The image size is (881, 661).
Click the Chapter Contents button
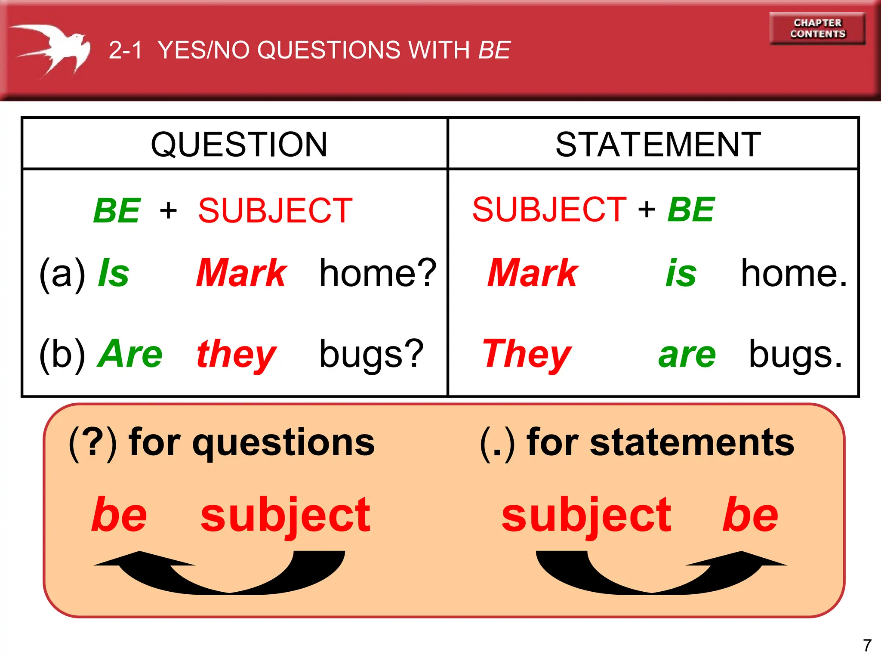817,28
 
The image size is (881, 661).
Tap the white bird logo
54,49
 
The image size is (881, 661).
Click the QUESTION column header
239,144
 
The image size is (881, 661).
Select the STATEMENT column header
658,144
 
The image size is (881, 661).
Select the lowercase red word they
236,355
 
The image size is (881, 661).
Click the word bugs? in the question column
372,355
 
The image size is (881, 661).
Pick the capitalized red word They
527,355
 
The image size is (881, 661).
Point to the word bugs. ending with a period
795,355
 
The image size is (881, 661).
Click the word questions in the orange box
283,443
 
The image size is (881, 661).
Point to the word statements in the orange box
692,443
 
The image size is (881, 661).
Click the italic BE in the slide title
495,50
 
